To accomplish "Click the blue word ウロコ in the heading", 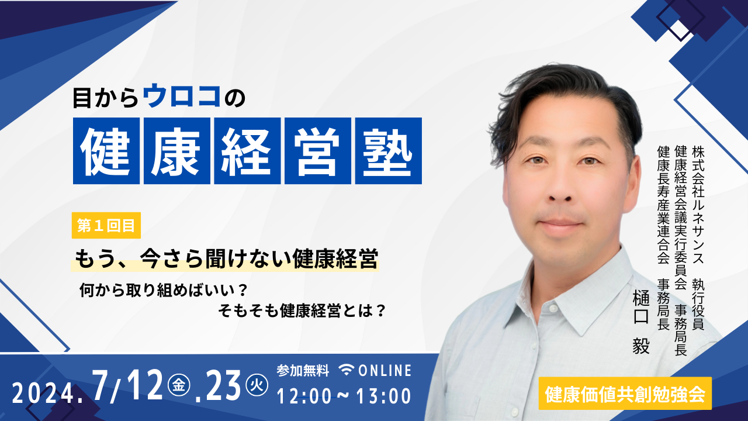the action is pyautogui.click(x=182, y=97).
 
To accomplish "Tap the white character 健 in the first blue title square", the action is pyautogui.click(x=106, y=151).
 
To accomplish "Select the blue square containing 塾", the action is pyautogui.click(x=389, y=151).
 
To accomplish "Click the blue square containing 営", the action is pyautogui.click(x=318, y=151).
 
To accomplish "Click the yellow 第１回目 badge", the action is pyautogui.click(x=106, y=226).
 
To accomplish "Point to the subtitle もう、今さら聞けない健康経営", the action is pyautogui.click(x=226, y=258).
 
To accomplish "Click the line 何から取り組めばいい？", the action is pyautogui.click(x=164, y=290).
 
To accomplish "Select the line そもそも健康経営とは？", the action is pyautogui.click(x=302, y=310).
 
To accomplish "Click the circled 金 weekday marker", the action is pyautogui.click(x=179, y=385).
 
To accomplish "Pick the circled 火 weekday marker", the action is pyautogui.click(x=257, y=385).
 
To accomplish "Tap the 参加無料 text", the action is pyautogui.click(x=303, y=371).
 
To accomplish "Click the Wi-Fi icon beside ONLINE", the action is pyautogui.click(x=347, y=370).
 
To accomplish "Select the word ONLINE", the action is pyautogui.click(x=385, y=371).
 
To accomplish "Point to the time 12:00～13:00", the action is pyautogui.click(x=344, y=396).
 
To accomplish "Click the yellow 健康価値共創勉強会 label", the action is pyautogui.click(x=625, y=394).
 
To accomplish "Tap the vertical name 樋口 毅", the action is pyautogui.click(x=641, y=322).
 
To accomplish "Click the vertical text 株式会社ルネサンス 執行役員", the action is pyautogui.click(x=698, y=237).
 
